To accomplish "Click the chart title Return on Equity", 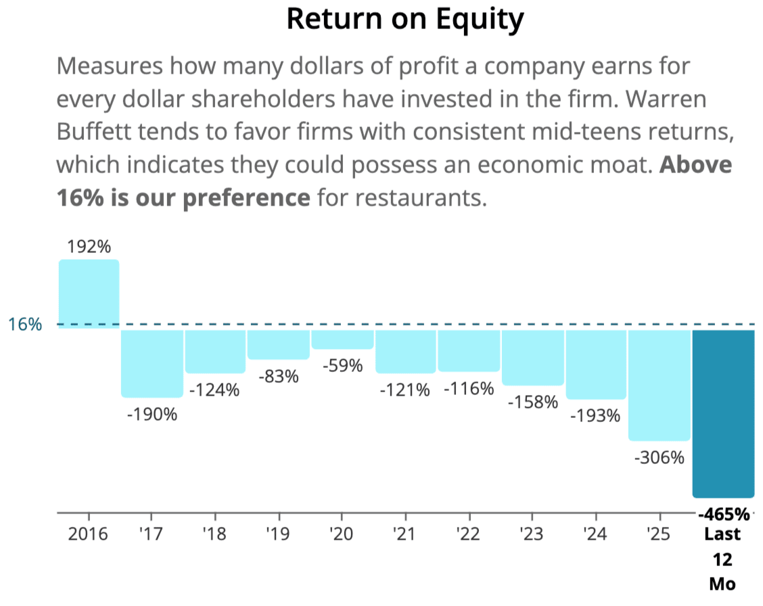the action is coord(405,20).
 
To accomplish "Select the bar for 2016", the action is coord(89,294).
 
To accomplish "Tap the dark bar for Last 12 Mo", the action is coord(724,414).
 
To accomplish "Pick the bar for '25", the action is coord(660,386).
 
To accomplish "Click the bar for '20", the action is coord(342,340).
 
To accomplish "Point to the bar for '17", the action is coord(152,363).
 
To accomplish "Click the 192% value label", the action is coord(89,247).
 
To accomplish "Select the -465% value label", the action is coord(724,513).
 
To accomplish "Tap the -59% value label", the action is coord(342,365).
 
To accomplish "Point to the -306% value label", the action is coord(660,457).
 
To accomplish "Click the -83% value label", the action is coord(278,376).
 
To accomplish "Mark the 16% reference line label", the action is coord(25,325).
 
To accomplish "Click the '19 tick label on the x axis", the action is coord(278,534).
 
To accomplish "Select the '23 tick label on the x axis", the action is coord(532,534).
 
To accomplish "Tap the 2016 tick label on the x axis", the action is coord(88,534).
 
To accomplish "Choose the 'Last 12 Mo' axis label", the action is coord(722,559).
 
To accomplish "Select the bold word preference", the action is coord(247,198).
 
